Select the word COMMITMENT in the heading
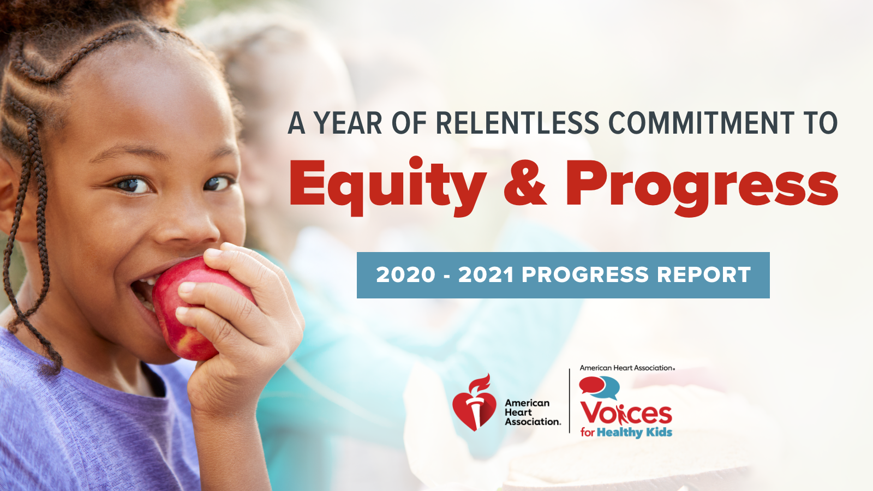701,123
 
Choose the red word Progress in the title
702,188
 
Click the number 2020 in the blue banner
405,275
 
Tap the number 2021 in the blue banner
486,275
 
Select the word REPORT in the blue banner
704,275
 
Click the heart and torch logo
474,403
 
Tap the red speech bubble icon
591,385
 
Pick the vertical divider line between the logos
570,401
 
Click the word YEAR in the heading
349,123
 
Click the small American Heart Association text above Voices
627,368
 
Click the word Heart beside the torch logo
518,412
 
